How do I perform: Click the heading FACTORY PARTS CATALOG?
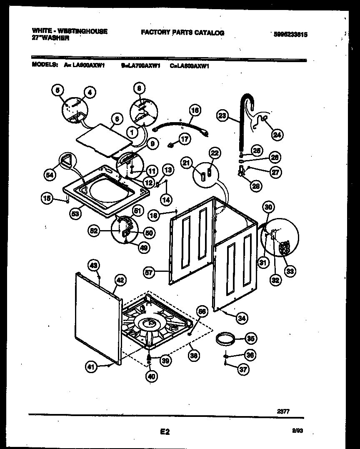[x=182, y=33]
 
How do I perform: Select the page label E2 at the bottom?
[x=165, y=432]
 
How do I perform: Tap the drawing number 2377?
[x=283, y=411]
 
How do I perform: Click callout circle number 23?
[x=222, y=115]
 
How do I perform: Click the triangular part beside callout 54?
[x=67, y=160]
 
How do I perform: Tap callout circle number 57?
[x=149, y=273]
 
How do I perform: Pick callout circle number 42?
[x=120, y=281]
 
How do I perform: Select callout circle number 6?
[x=117, y=119]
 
